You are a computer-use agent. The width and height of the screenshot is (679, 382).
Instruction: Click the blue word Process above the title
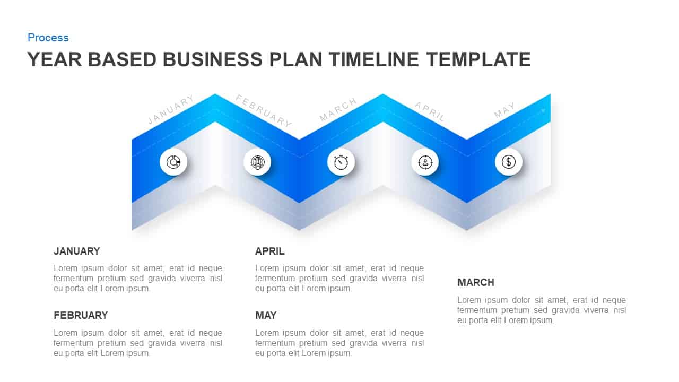click(48, 38)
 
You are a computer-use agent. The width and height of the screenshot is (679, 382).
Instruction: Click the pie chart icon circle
click(173, 162)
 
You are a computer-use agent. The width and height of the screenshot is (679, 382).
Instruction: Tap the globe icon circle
click(257, 162)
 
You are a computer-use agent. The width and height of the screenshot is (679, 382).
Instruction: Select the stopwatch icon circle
click(341, 162)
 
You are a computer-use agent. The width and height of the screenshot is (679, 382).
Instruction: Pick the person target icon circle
click(425, 162)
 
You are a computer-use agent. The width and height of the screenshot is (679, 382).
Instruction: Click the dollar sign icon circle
click(509, 162)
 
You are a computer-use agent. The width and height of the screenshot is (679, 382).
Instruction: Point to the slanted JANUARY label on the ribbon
click(171, 110)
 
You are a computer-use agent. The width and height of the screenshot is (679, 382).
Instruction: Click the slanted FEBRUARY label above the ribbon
click(264, 111)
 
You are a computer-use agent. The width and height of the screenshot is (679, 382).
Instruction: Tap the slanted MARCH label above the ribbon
click(338, 110)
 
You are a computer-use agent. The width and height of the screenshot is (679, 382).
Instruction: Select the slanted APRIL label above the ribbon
click(430, 111)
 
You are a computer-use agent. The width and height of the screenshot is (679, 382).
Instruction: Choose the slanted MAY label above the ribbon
click(504, 110)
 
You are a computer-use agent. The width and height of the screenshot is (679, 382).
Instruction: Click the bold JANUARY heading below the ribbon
click(77, 251)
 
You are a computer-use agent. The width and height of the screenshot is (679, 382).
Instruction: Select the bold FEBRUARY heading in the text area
click(81, 316)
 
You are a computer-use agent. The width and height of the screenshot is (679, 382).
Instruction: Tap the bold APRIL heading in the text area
click(269, 251)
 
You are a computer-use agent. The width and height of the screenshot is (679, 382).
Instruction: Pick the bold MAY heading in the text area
click(266, 316)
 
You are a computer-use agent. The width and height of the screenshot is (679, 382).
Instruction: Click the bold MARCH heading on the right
click(476, 283)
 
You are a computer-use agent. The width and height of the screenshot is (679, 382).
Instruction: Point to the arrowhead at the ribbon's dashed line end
click(543, 110)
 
